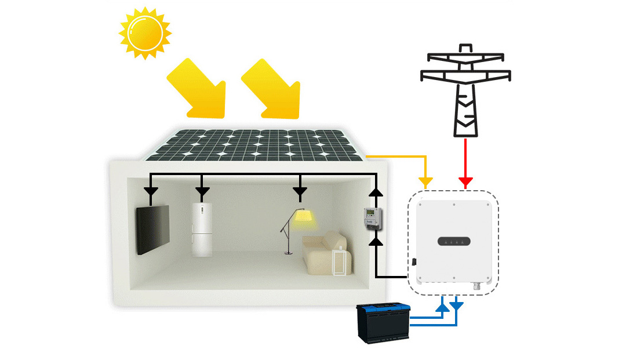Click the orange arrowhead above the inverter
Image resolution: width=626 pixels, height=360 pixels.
tap(426, 183)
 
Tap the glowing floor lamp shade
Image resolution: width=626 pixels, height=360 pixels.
tap(303, 216)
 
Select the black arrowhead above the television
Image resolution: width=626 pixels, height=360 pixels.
tap(151, 191)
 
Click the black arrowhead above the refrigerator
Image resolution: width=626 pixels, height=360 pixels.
tap(202, 191)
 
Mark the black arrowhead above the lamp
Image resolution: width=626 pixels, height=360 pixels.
tap(300, 191)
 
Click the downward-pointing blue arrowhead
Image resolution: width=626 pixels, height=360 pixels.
tap(457, 304)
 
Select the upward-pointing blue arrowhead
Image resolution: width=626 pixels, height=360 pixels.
tap(442, 304)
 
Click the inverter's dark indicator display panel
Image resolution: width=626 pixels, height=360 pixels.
tap(454, 241)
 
